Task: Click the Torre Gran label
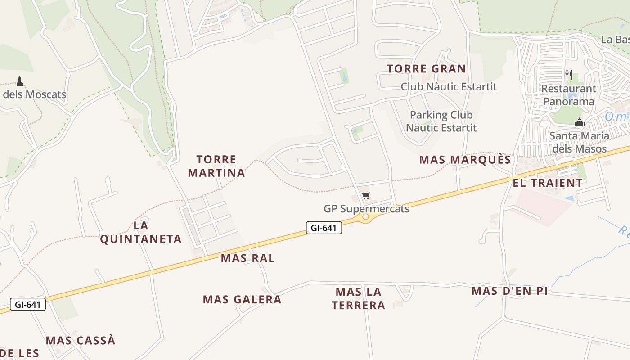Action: click(426, 69)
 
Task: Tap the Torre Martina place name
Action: click(216, 166)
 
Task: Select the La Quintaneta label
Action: click(141, 232)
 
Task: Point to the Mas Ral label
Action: click(247, 258)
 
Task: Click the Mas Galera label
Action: click(242, 299)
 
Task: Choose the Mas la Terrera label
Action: click(359, 298)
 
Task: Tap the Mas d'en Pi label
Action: click(509, 291)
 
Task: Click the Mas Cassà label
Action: click(81, 340)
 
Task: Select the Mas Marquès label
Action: click(465, 160)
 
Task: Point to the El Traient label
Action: click(548, 183)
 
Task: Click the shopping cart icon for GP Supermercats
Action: click(366, 195)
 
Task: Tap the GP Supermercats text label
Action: click(366, 209)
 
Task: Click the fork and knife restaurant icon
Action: click(569, 75)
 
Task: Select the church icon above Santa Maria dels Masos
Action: click(580, 122)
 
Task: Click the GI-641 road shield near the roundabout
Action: click(324, 228)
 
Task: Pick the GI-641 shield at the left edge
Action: click(27, 304)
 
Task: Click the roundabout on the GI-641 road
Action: click(365, 217)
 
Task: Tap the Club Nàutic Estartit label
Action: click(449, 86)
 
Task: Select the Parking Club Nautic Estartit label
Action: click(441, 121)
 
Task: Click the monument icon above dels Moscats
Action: click(20, 81)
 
